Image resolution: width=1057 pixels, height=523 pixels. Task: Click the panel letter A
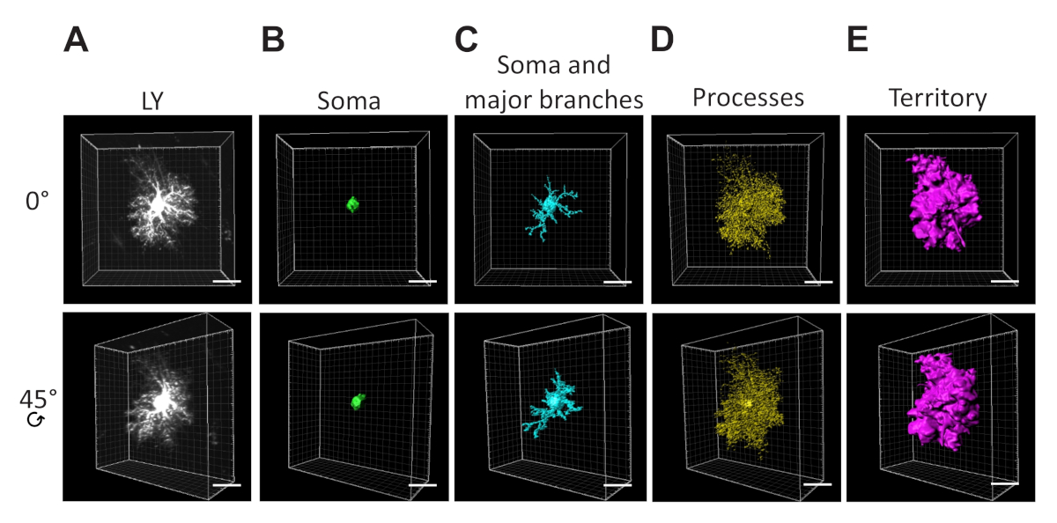pyautogui.click(x=77, y=41)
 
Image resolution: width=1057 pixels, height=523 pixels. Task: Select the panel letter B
pyautogui.click(x=273, y=41)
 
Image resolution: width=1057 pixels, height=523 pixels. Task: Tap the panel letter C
pyautogui.click(x=467, y=41)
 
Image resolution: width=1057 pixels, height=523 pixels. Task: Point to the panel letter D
pyautogui.click(x=662, y=41)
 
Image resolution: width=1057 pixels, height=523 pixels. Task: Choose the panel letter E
pyautogui.click(x=856, y=41)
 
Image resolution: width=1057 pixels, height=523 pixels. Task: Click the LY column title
pyautogui.click(x=155, y=100)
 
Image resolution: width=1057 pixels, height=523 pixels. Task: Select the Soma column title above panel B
pyautogui.click(x=349, y=101)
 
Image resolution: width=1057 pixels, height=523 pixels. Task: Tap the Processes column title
pyautogui.click(x=748, y=98)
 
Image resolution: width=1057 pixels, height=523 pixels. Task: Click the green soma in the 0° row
pyautogui.click(x=352, y=205)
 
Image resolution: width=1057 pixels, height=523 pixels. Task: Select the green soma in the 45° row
pyautogui.click(x=357, y=401)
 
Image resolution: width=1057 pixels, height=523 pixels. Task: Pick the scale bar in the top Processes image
pyautogui.click(x=818, y=283)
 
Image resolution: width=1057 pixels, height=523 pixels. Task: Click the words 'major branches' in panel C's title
pyautogui.click(x=553, y=100)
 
